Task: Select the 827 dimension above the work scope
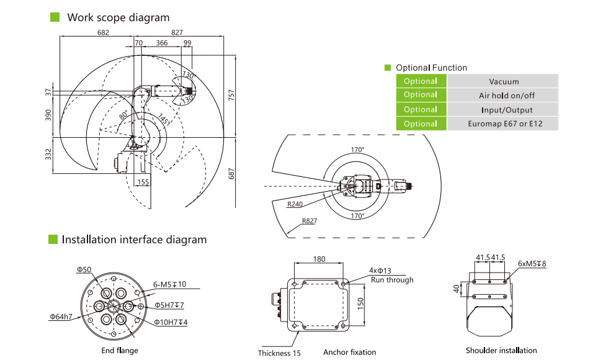click(177, 32)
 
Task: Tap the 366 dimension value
click(161, 43)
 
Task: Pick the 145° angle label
click(164, 119)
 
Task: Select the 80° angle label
click(123, 115)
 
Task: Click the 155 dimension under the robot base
click(143, 182)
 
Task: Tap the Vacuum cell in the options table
click(504, 81)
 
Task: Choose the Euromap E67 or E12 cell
click(504, 124)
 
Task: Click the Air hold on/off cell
click(504, 95)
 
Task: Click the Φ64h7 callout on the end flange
click(61, 317)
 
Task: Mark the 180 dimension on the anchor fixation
click(319, 259)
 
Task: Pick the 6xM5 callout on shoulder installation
click(532, 263)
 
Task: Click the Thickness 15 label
click(279, 353)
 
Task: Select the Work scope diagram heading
click(118, 17)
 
